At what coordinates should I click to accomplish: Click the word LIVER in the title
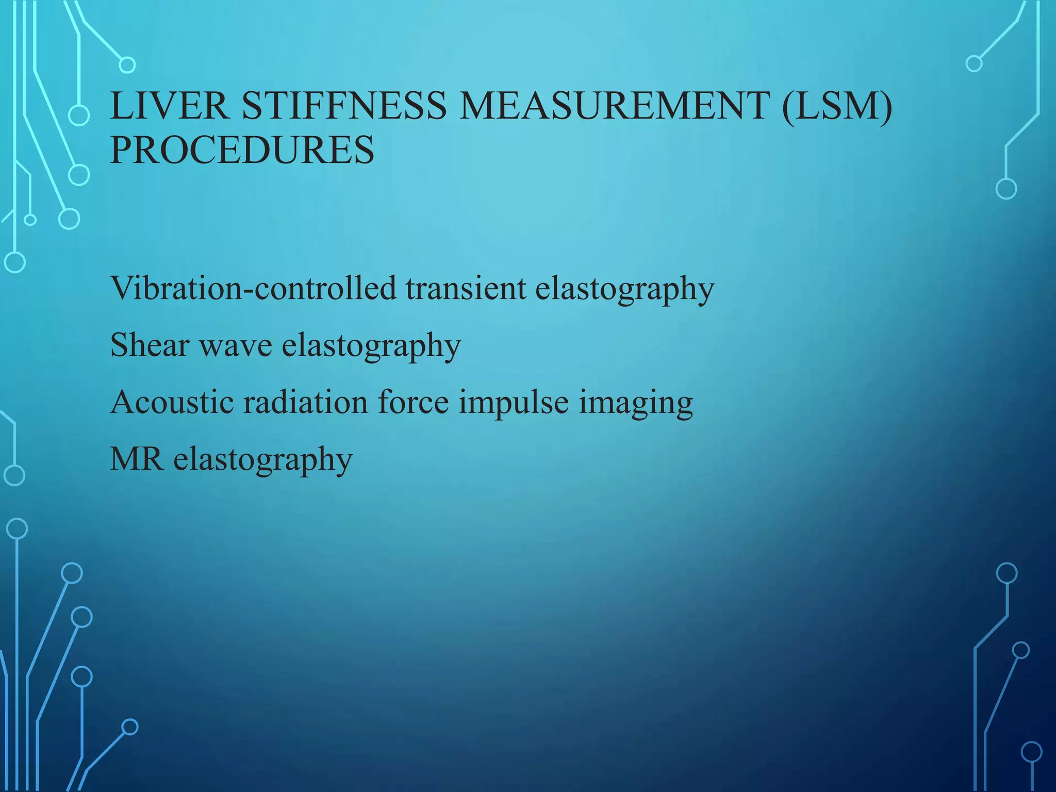click(x=170, y=106)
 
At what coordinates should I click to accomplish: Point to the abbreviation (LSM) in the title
click(x=837, y=106)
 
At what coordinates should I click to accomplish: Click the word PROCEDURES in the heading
click(x=242, y=150)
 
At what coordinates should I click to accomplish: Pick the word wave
click(x=236, y=345)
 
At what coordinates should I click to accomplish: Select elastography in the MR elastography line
click(x=263, y=460)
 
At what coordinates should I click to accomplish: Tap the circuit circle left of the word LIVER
click(x=79, y=115)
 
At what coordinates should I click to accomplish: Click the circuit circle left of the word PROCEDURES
click(x=79, y=175)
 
